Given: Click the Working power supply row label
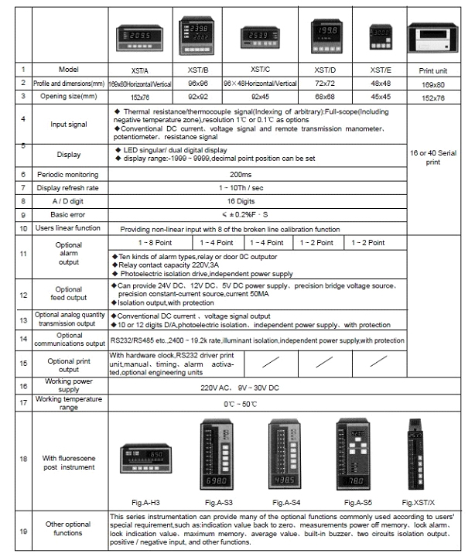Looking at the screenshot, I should point(68,384).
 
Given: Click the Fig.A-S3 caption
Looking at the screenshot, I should point(215,503).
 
